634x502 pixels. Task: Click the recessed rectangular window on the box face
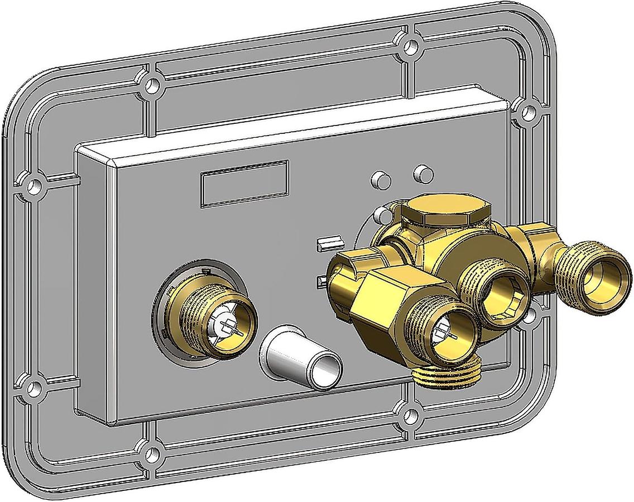[x=244, y=183]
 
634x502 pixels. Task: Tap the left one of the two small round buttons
[x=381, y=180]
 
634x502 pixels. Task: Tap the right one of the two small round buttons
[x=423, y=174]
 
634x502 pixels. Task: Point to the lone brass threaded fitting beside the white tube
[x=215, y=318]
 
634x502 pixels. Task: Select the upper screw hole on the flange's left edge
[x=34, y=186]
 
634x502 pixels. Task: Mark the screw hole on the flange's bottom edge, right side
[x=410, y=415]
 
